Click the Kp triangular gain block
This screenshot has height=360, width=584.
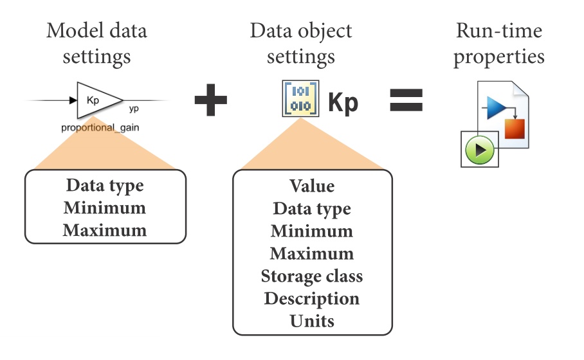click(96, 100)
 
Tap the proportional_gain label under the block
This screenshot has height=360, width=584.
click(100, 127)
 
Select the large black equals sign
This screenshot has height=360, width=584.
click(406, 100)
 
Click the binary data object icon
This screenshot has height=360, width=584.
click(300, 98)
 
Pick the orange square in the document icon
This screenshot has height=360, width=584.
click(515, 129)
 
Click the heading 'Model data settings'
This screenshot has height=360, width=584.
click(96, 43)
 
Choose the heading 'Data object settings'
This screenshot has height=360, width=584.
click(301, 43)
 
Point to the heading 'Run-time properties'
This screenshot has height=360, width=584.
click(498, 43)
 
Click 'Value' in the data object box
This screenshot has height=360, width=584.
click(312, 186)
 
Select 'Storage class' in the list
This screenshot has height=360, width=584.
click(312, 276)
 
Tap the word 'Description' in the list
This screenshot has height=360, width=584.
click(312, 299)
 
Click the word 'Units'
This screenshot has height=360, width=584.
click(312, 321)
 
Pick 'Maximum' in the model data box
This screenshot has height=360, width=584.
click(104, 230)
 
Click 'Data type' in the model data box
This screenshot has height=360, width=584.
click(104, 186)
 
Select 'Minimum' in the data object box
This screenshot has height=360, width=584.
click(312, 231)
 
